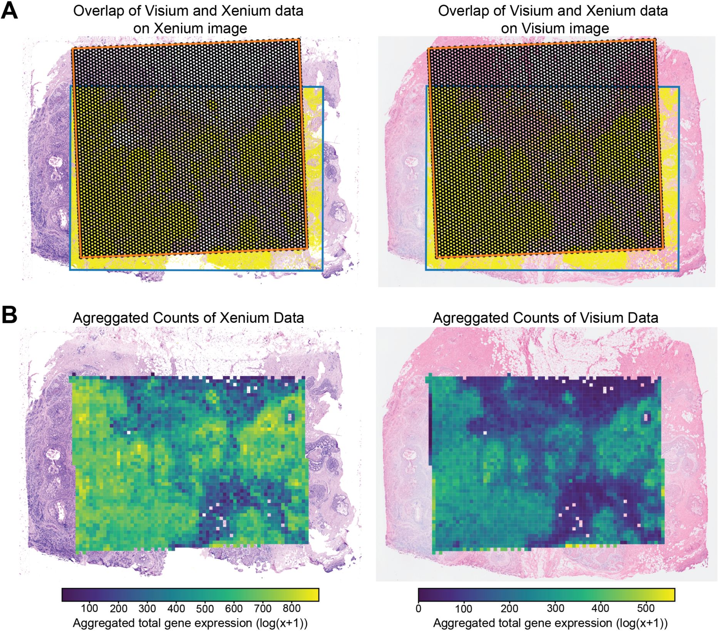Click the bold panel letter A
[x=10, y=11]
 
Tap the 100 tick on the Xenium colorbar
[x=89, y=609]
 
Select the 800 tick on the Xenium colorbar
[x=292, y=609]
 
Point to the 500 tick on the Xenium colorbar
[x=205, y=609]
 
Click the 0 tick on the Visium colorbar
[x=419, y=609]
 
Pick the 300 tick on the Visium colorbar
[x=555, y=609]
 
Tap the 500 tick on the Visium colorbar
[x=646, y=609]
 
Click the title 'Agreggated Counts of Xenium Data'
[x=188, y=318]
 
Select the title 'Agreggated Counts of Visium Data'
[x=545, y=318]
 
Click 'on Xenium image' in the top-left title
[x=190, y=28]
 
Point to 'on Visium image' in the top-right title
[x=555, y=28]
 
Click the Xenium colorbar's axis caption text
[x=190, y=623]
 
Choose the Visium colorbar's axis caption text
[x=550, y=623]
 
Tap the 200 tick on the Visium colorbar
[x=510, y=609]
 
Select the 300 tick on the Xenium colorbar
[x=147, y=609]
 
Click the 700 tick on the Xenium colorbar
[x=263, y=609]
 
